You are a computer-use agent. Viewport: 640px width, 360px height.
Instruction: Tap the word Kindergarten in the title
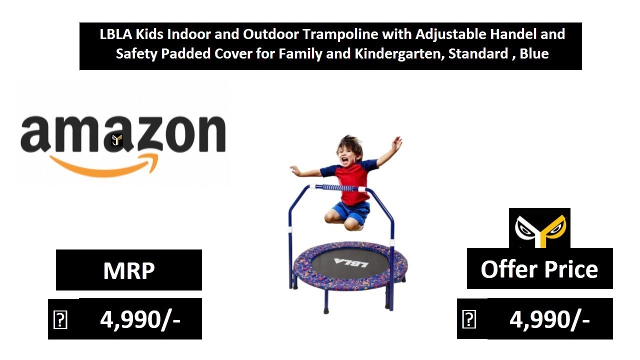(397, 53)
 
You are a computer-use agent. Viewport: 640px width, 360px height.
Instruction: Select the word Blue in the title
(534, 53)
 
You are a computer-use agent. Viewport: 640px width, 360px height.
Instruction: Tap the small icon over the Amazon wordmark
(117, 140)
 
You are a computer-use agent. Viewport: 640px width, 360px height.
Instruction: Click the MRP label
(129, 270)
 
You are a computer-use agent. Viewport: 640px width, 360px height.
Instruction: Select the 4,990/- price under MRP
(140, 319)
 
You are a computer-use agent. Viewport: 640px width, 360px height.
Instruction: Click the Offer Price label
(539, 269)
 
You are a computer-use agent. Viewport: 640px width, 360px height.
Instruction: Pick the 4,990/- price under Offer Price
(549, 319)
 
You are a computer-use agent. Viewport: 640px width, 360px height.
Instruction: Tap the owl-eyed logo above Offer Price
(539, 229)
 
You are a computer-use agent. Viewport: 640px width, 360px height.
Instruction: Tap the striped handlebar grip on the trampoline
(337, 188)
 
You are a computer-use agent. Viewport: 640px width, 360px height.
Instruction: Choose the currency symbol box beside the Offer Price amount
(469, 319)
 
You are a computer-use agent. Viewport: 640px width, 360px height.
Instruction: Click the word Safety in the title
(136, 53)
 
